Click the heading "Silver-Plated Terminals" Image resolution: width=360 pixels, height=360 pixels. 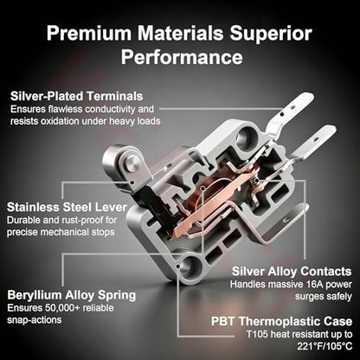coord(77,96)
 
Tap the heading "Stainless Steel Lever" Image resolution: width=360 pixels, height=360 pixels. coord(67,207)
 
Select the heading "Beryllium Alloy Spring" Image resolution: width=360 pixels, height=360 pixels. coord(72,295)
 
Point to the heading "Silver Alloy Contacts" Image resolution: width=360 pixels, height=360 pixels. coord(292,272)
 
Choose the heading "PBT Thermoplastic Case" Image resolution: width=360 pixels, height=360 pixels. coord(282,321)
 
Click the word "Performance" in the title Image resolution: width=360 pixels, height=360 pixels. coord(182,57)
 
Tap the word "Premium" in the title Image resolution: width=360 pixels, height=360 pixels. coord(89,33)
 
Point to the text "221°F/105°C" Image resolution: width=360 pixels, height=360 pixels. coord(325,346)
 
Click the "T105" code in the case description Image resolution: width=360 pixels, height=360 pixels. coord(257,334)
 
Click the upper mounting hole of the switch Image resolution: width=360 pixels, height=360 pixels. coord(246,137)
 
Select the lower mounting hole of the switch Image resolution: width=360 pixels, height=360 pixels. coord(188,268)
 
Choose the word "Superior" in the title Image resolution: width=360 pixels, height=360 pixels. coord(271,34)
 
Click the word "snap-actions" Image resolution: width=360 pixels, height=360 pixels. coord(35,320)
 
